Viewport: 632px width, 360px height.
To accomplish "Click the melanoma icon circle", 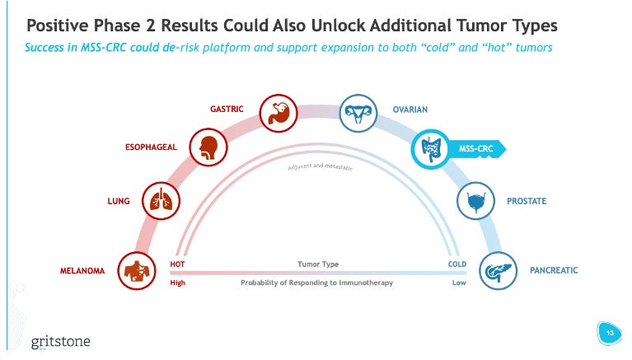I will pos(136,269).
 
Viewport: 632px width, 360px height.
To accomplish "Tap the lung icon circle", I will pos(161,200).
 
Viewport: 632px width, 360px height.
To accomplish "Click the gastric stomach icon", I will pos(278,112).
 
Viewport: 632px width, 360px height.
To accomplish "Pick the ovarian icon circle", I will pos(358,115).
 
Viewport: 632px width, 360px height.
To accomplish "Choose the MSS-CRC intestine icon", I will pos(429,149).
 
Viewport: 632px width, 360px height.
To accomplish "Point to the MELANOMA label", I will pos(82,270).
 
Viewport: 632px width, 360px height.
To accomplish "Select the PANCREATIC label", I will pos(554,270).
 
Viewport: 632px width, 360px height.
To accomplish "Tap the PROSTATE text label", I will pos(527,201).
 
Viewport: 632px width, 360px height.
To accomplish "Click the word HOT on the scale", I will pos(177,264).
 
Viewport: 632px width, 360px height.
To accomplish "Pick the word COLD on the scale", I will pos(457,264).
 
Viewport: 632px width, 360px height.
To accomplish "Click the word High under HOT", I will pos(177,283).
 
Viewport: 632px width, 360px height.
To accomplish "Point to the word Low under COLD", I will pos(459,283).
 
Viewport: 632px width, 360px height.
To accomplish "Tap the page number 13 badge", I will pos(611,334).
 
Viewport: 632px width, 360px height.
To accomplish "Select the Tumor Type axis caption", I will pos(317,264).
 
